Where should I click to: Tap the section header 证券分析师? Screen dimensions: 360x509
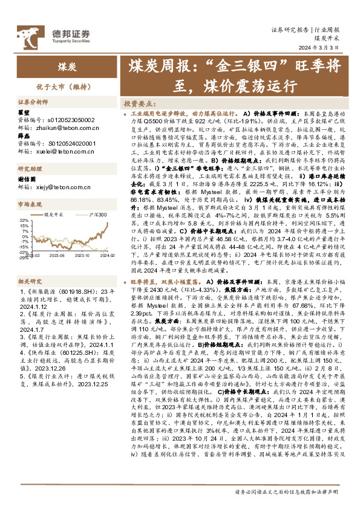32,103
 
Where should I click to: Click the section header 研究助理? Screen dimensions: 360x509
28,169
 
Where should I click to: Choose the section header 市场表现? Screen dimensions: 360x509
28,205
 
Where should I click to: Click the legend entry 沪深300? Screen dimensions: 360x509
97,215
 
